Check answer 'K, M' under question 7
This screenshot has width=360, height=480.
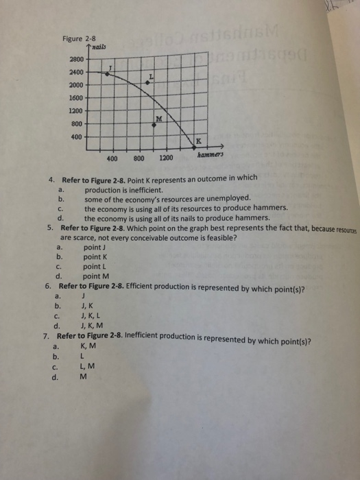(x=88, y=346)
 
